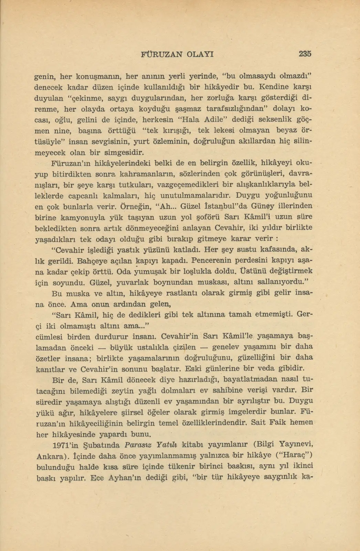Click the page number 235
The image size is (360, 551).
(x=305, y=54)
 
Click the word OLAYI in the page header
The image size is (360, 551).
(x=200, y=54)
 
